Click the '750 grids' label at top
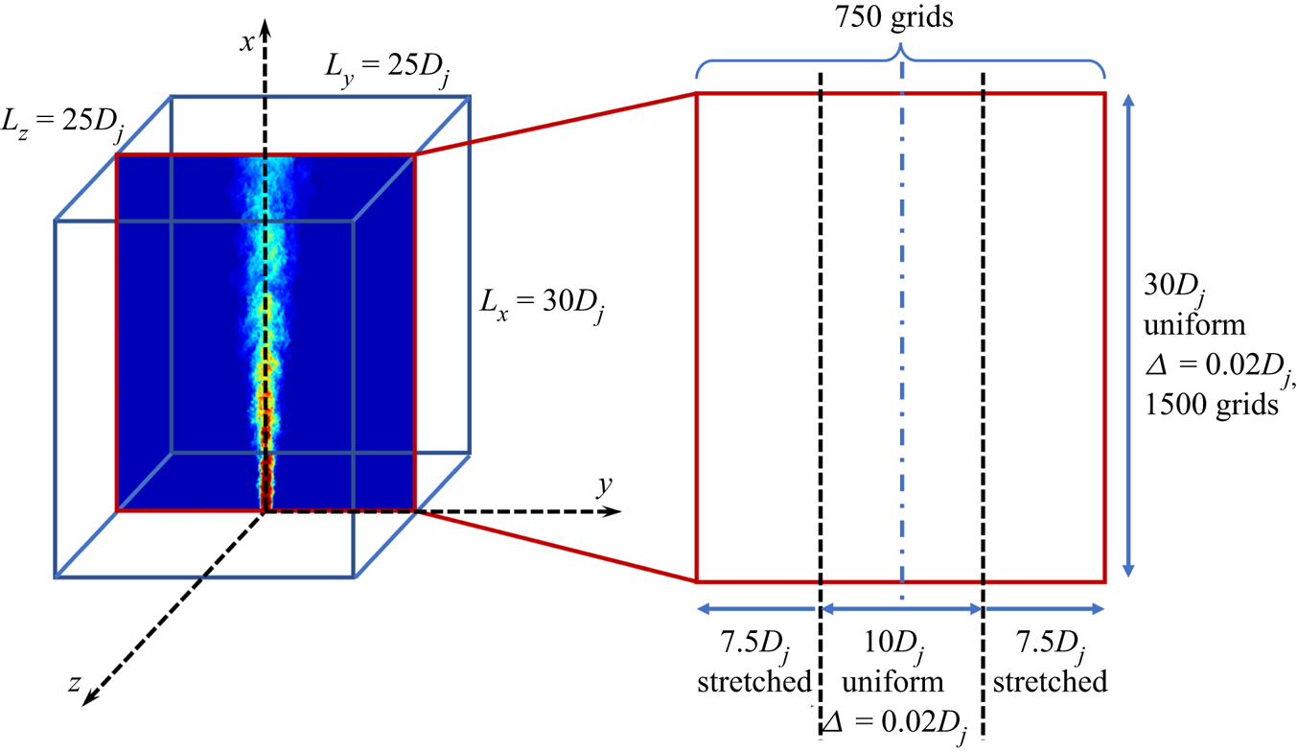(893, 17)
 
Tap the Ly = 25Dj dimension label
(387, 68)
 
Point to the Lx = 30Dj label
(543, 304)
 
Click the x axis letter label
(247, 42)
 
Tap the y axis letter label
(604, 485)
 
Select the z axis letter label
(74, 684)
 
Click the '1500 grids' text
(1212, 405)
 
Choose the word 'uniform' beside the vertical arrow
(1194, 325)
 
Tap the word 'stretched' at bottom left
(754, 681)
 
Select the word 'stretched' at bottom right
(1050, 681)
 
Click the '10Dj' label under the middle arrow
(893, 645)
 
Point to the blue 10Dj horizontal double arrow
(902, 609)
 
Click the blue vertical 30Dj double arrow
(1128, 337)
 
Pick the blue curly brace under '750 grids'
(900, 61)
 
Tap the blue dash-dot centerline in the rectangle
(902, 336)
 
